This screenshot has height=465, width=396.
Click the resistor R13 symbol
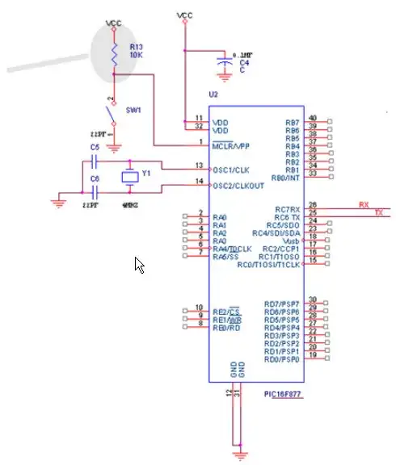115,52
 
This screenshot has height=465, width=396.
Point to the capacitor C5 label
95,148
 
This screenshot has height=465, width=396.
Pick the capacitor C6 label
95,178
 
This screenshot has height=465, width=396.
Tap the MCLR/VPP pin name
232,146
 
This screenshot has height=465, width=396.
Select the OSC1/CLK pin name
232,170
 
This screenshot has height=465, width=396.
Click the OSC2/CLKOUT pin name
237,186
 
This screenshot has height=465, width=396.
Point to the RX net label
364,205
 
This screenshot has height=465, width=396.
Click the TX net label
377,212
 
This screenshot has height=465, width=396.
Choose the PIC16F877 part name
283,394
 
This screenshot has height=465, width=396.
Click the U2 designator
213,95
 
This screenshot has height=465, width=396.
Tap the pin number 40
312,119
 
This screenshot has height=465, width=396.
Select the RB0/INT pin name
284,178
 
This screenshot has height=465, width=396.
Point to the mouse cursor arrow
138,264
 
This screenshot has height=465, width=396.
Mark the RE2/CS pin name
227,311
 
